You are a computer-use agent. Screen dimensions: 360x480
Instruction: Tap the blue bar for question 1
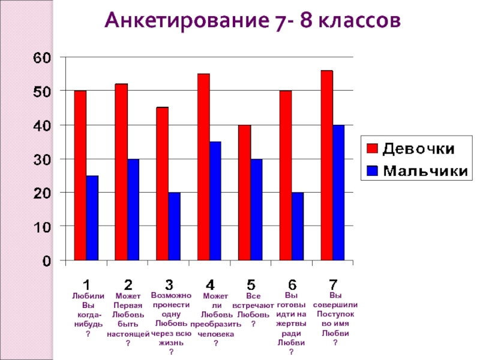(x=92, y=218)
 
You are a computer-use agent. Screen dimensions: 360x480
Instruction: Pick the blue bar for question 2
(x=133, y=210)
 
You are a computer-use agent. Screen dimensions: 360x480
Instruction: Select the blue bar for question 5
(x=256, y=210)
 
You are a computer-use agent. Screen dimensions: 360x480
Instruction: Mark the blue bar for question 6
(x=298, y=227)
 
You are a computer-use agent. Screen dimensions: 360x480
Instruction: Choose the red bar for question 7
(x=326, y=166)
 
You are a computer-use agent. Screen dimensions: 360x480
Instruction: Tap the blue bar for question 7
(x=339, y=193)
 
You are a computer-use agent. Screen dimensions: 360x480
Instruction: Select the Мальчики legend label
(x=425, y=171)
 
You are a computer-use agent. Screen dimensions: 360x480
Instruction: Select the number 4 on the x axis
(x=210, y=284)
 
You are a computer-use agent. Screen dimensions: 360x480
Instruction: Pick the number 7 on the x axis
(x=333, y=284)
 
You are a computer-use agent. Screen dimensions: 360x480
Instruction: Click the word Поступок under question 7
(x=335, y=314)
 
